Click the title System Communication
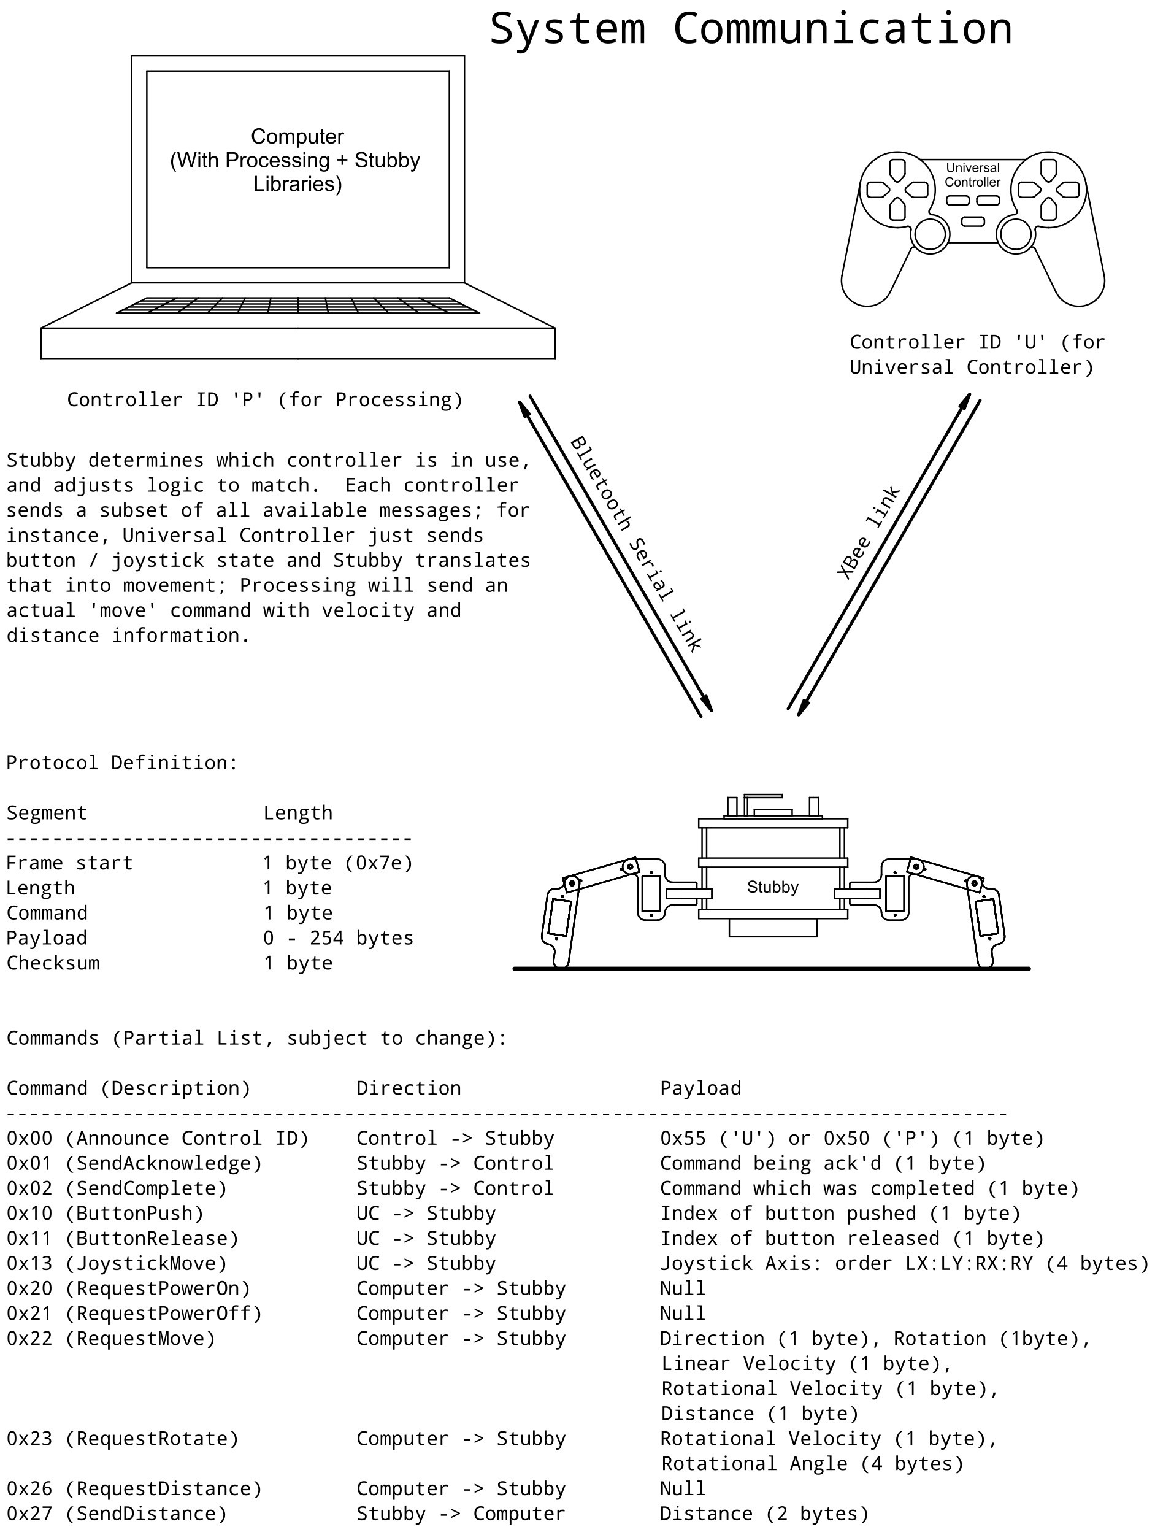click(x=751, y=29)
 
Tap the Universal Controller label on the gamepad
click(x=973, y=175)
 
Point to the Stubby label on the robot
click(x=772, y=887)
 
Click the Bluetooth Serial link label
click(x=636, y=544)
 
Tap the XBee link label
click(x=868, y=533)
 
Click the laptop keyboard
click(x=297, y=306)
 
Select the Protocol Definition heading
click(x=122, y=763)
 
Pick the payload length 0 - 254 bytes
click(x=338, y=937)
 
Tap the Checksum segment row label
click(x=53, y=963)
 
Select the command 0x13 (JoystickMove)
click(x=117, y=1263)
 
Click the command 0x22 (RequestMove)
click(x=111, y=1338)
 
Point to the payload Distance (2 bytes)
click(x=764, y=1514)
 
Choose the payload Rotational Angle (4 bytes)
click(x=812, y=1463)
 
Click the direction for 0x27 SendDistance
click(x=461, y=1514)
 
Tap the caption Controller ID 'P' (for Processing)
click(x=265, y=400)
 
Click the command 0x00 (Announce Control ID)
click(x=158, y=1138)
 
